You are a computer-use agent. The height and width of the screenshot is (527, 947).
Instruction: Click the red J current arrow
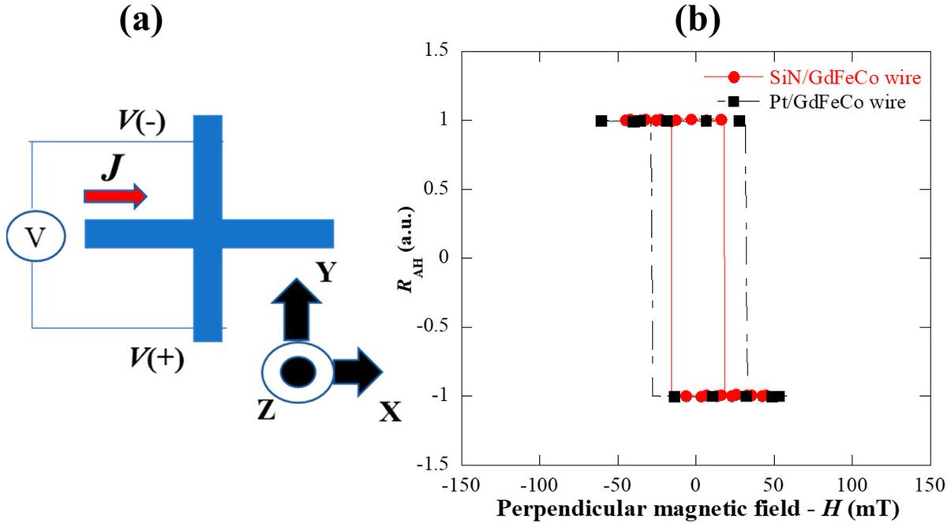(114, 196)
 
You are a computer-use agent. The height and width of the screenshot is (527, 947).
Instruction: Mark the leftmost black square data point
(601, 121)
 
